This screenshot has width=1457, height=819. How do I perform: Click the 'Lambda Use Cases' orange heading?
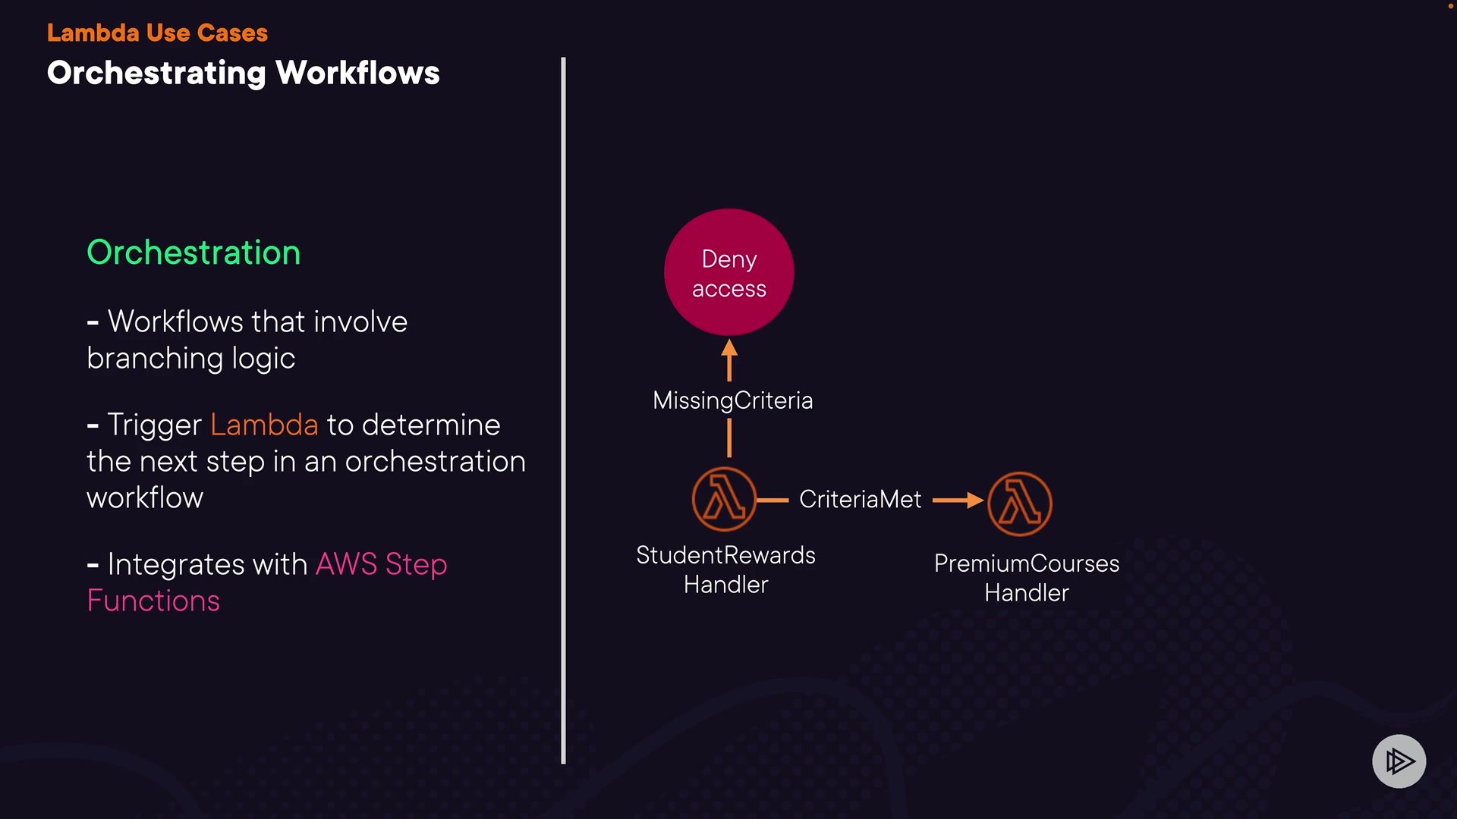(157, 33)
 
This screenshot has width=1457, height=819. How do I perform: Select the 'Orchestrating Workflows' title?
(243, 73)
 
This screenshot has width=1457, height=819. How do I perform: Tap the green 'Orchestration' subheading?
(194, 253)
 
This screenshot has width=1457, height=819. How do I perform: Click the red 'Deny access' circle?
(728, 272)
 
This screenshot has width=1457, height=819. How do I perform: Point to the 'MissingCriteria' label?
(732, 400)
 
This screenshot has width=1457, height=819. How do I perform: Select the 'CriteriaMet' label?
(860, 499)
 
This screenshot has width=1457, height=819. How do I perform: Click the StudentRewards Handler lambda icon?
(724, 500)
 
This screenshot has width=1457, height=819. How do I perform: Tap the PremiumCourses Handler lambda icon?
(1019, 504)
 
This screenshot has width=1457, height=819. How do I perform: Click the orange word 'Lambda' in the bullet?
(264, 425)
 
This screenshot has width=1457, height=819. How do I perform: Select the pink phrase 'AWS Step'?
(381, 564)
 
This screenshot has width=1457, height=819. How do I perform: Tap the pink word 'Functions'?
(153, 601)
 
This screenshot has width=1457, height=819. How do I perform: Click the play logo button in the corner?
(1399, 761)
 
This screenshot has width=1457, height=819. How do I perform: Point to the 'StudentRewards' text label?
(725, 555)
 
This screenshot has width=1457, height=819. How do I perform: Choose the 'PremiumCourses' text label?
(1026, 563)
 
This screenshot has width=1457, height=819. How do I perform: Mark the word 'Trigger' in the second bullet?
(155, 425)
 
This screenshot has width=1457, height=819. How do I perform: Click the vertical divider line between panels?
(563, 409)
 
